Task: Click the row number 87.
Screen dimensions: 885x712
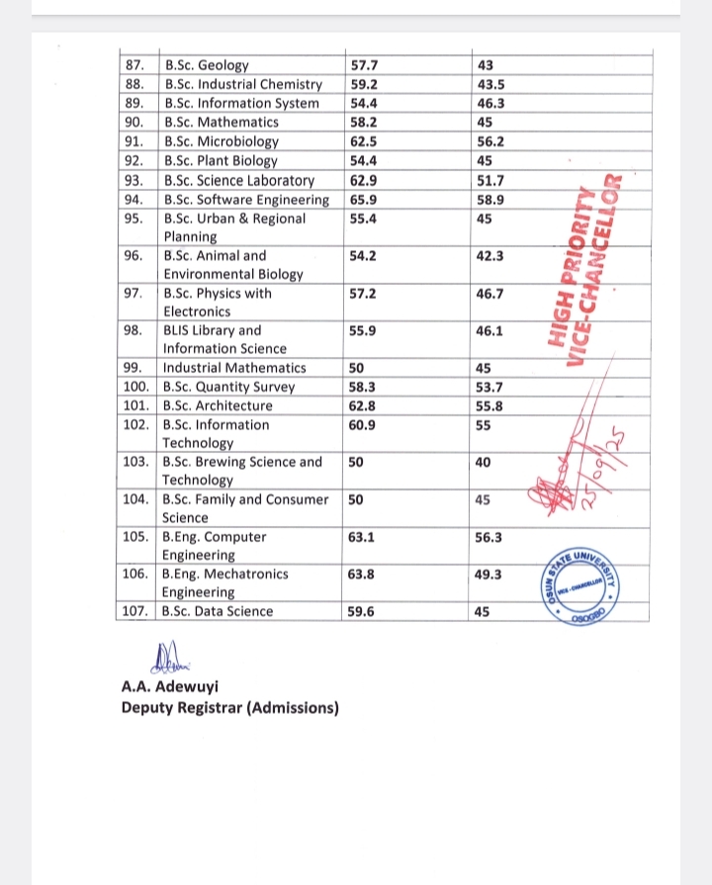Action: tap(135, 66)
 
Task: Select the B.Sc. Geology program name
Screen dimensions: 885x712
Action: tap(206, 66)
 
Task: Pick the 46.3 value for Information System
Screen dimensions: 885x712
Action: tap(490, 104)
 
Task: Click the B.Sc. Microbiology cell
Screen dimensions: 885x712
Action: tap(222, 141)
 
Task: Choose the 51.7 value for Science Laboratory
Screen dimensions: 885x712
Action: tap(490, 180)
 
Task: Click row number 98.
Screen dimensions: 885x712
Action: tap(135, 331)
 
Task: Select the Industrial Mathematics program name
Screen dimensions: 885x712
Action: tap(234, 368)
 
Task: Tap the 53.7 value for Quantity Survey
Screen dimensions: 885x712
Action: tap(490, 387)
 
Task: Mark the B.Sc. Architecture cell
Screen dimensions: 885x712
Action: tap(218, 405)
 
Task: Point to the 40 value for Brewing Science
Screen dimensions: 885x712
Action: tap(484, 462)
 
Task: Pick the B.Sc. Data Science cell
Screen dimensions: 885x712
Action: tap(218, 611)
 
